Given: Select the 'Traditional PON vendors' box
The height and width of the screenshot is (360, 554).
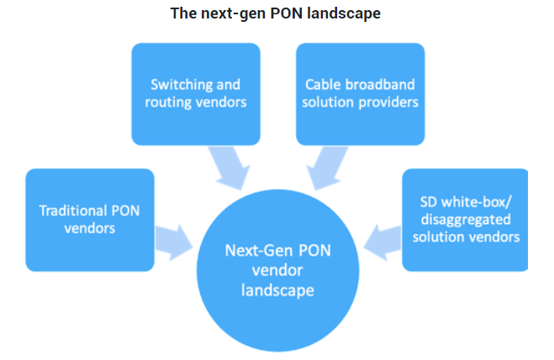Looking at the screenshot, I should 90,220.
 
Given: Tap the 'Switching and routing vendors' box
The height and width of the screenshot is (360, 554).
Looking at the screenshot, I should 196,93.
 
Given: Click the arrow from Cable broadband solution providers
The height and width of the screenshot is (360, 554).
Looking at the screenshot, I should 324,169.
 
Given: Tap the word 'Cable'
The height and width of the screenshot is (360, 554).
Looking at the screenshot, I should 323,84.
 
